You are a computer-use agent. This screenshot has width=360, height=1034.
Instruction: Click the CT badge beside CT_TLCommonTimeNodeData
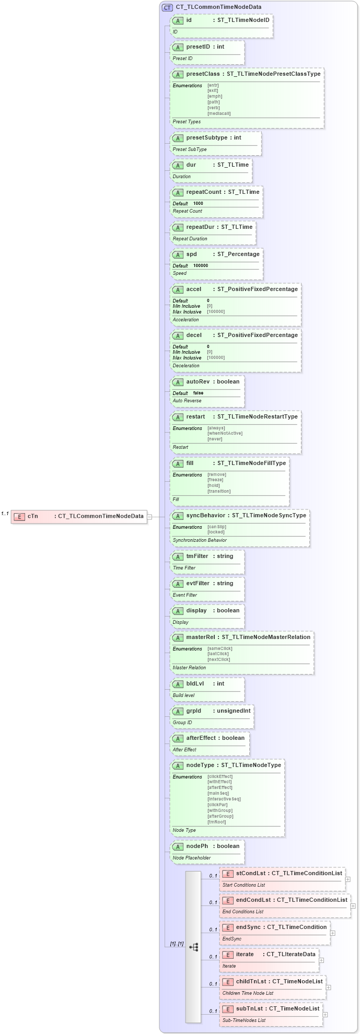click(x=167, y=7)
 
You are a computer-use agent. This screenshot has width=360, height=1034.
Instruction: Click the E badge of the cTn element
click(x=19, y=516)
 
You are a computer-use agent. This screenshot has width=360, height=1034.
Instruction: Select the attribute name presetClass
click(x=203, y=74)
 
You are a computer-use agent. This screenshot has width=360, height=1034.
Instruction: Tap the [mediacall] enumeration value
click(x=219, y=113)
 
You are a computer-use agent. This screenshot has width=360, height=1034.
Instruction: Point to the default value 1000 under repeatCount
click(x=198, y=203)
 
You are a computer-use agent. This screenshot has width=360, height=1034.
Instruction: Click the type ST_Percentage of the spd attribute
click(x=238, y=254)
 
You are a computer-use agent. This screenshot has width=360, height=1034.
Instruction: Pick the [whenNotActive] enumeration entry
click(x=225, y=433)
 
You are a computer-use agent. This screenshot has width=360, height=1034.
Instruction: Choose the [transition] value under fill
click(x=219, y=491)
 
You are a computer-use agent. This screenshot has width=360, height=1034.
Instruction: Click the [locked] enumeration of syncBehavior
click(x=216, y=532)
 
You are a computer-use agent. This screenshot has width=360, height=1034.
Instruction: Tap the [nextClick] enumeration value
click(x=218, y=659)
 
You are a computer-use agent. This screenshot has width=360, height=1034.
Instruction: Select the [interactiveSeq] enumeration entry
click(x=224, y=799)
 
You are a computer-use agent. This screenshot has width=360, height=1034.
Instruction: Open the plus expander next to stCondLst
click(x=348, y=879)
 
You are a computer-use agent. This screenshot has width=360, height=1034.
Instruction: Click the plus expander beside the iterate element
click(x=321, y=960)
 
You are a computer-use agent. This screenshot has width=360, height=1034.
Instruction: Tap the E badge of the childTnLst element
click(x=227, y=982)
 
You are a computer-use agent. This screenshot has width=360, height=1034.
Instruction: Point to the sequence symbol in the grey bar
click(x=193, y=947)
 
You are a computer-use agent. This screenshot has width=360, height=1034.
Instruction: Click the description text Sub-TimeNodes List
click(x=244, y=1020)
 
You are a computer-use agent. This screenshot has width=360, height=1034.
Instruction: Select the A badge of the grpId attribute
click(x=178, y=711)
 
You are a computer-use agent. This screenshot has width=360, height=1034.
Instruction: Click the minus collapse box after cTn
click(x=149, y=517)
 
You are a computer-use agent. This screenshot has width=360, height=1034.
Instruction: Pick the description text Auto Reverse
click(x=187, y=401)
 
